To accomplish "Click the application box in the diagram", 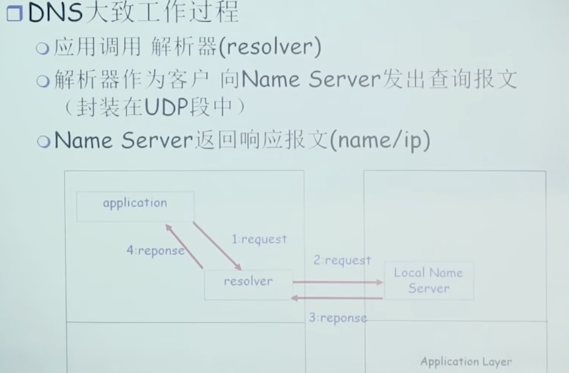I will [135, 206].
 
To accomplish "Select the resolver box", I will [248, 285].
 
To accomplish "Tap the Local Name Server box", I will [429, 281].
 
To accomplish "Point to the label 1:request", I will [259, 239].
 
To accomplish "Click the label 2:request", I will [342, 261].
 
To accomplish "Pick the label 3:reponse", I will [338, 318].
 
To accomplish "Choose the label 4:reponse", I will [155, 251].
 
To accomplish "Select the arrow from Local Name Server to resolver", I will [338, 298].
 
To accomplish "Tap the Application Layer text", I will [466, 362].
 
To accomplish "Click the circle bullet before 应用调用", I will [44, 49].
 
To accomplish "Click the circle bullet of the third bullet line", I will [44, 142].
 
